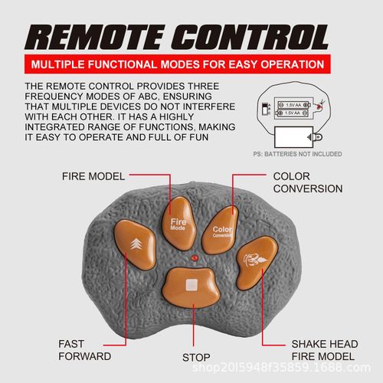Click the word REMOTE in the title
coord(94,37)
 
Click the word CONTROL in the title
coord(250,37)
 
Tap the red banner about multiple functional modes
coord(178,64)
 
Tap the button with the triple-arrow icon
coord(135,244)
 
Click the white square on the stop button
coord(191,285)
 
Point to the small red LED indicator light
coord(195,258)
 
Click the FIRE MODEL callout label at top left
coord(93,176)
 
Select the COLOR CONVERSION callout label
coord(308,182)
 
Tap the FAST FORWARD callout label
coord(84,350)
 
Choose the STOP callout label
coord(196,358)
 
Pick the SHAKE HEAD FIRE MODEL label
coord(325,350)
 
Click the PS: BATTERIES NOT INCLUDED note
coord(297,154)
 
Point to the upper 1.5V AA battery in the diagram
coord(293,105)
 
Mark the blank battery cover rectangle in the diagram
coord(293,137)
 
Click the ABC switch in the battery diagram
coord(265,109)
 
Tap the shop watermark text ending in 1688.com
coord(281,368)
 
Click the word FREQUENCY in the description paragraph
coord(54,97)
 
